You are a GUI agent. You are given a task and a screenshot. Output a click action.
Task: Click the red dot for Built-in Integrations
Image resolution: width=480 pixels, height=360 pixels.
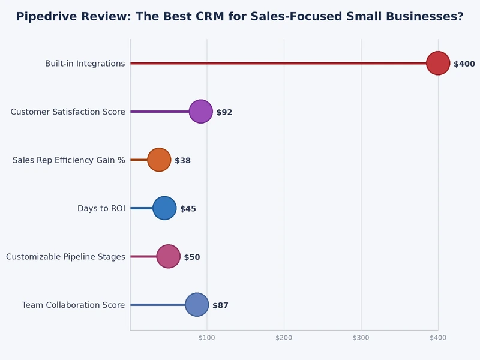[438, 64]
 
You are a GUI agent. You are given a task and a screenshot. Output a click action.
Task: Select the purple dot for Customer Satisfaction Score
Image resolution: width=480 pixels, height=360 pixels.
[201, 112]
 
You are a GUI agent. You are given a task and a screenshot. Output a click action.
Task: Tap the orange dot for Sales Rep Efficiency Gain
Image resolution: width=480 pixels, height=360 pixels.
[159, 160]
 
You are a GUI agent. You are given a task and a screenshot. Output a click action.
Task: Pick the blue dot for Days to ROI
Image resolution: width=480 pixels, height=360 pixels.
[164, 208]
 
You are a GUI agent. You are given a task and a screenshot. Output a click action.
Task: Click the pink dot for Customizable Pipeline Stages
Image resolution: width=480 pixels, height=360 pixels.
[169, 257]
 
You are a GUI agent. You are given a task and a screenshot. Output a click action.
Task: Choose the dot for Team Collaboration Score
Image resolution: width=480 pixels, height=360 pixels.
[197, 305]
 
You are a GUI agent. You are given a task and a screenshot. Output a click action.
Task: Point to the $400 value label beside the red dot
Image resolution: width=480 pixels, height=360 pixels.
[464, 64]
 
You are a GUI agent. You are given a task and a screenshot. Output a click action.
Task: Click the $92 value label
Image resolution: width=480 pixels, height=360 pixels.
[224, 112]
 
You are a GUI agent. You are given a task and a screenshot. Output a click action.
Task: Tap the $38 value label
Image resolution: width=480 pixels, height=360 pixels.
[183, 160]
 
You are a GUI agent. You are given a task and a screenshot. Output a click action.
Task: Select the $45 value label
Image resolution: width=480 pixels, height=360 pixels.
[188, 209]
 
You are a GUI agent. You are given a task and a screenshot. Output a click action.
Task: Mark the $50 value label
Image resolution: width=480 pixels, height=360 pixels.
[192, 257]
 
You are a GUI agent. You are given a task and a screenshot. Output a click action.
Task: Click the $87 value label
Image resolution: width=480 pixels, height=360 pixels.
[220, 305]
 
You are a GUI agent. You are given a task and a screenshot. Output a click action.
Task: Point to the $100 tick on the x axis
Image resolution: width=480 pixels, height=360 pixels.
[206, 338]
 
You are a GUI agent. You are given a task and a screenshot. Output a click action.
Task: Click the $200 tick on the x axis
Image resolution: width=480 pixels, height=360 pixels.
[284, 338]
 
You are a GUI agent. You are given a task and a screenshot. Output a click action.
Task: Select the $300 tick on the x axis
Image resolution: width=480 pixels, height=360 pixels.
[361, 338]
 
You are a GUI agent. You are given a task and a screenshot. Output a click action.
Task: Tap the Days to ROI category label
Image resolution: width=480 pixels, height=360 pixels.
[101, 208]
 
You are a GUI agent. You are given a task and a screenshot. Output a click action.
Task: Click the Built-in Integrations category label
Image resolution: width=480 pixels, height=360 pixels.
[85, 64]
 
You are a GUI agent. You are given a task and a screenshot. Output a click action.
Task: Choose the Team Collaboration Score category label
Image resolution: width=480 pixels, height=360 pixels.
[73, 305]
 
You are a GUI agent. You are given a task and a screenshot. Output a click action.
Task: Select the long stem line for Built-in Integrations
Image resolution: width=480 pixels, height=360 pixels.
[278, 64]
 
